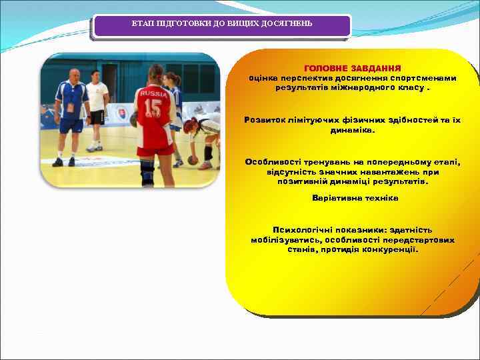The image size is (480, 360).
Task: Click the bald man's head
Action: [x=74, y=74]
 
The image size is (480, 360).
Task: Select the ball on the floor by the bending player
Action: [x=193, y=160]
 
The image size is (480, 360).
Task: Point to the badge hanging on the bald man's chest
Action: [x=70, y=107]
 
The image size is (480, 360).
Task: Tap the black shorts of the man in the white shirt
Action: [x=97, y=117]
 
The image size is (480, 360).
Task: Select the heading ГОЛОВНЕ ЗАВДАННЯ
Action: [x=352, y=68]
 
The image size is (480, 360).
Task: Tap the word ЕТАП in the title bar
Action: [x=141, y=24]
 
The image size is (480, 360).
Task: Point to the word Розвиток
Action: [x=266, y=120]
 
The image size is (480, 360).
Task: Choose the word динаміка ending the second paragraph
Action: [x=353, y=130]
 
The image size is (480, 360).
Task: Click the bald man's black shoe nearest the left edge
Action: [x=57, y=162]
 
